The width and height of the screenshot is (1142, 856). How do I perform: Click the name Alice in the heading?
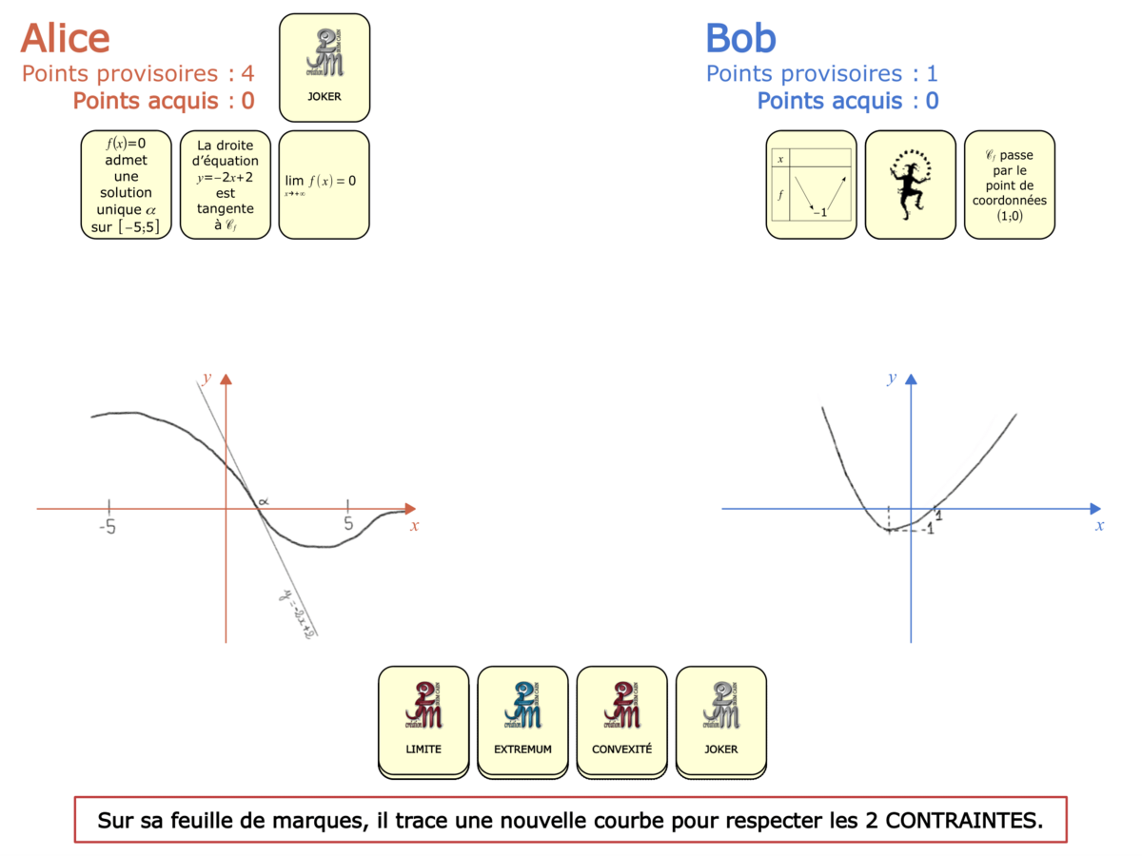pyautogui.click(x=65, y=38)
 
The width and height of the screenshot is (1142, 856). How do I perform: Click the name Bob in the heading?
pyautogui.click(x=740, y=38)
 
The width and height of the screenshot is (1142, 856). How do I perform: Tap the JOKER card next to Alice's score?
pyautogui.click(x=325, y=68)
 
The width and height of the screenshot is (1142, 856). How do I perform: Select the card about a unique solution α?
pyautogui.click(x=127, y=185)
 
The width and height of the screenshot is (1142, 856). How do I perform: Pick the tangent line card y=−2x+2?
pyautogui.click(x=226, y=185)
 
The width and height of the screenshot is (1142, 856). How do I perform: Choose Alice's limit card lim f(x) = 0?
pyautogui.click(x=325, y=185)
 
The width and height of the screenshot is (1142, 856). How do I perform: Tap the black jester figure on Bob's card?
pyautogui.click(x=910, y=183)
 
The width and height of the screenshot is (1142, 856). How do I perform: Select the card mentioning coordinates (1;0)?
pyautogui.click(x=1009, y=185)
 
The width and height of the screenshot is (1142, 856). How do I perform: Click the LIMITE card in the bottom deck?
pyautogui.click(x=423, y=719)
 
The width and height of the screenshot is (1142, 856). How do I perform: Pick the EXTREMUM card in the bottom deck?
pyautogui.click(x=522, y=719)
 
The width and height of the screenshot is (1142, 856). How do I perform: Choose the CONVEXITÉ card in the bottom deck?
pyautogui.click(x=621, y=719)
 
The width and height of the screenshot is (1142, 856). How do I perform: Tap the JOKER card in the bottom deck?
pyautogui.click(x=720, y=719)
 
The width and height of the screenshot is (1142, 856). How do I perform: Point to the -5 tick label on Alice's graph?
pyautogui.click(x=107, y=526)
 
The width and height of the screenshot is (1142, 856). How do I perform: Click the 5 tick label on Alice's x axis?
pyautogui.click(x=348, y=524)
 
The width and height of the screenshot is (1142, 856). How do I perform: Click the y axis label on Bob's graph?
pyautogui.click(x=892, y=379)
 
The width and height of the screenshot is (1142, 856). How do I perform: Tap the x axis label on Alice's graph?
pyautogui.click(x=414, y=525)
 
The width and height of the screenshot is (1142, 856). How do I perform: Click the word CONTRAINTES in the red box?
pyautogui.click(x=963, y=820)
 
